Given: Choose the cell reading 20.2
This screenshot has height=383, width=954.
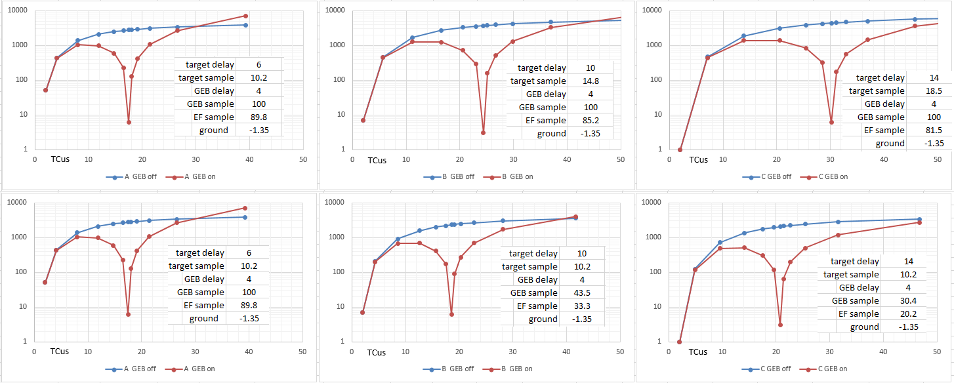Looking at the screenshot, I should pyautogui.click(x=908, y=314).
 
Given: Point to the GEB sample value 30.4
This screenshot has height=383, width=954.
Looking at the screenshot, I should pyautogui.click(x=908, y=301).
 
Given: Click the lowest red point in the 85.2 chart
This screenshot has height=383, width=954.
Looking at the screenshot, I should pyautogui.click(x=483, y=132).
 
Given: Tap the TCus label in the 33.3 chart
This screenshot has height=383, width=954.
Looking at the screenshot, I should pyautogui.click(x=376, y=353).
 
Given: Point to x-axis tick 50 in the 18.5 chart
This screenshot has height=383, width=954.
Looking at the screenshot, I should pyautogui.click(x=937, y=160).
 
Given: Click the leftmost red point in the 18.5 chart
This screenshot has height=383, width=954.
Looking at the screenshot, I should pyautogui.click(x=680, y=150).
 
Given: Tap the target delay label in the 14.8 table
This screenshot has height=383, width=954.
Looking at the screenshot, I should pyautogui.click(x=541, y=68).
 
